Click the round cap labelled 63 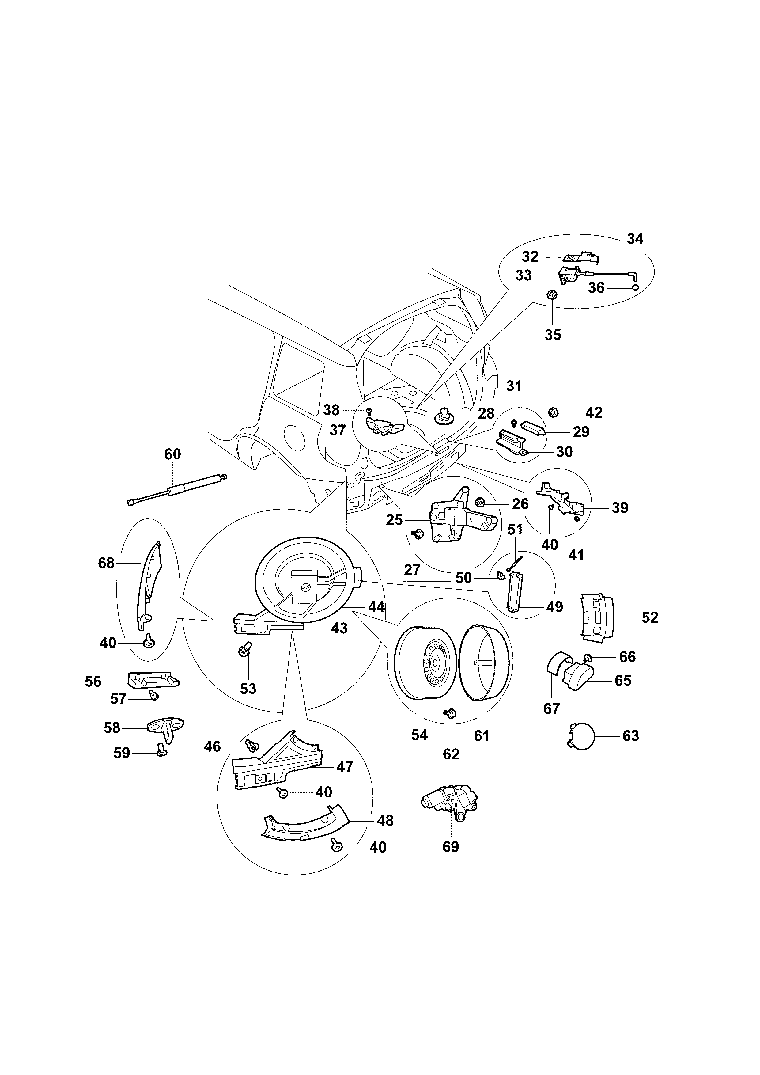click(x=581, y=736)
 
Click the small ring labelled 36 click(x=635, y=287)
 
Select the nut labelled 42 click(x=553, y=412)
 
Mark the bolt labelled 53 click(x=245, y=649)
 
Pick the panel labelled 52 click(x=598, y=617)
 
